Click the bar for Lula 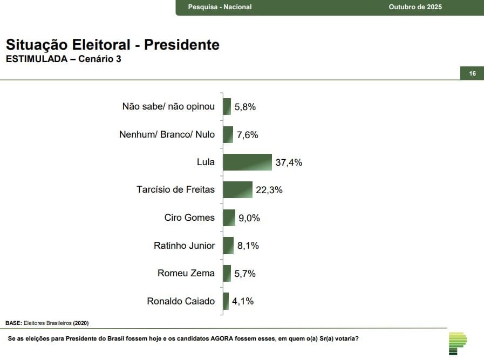(247, 162)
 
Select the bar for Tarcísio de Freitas (237, 189)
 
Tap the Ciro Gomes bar (229, 218)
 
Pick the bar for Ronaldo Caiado (226, 301)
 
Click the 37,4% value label (289, 162)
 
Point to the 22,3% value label (269, 190)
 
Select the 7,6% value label (248, 134)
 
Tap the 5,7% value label (245, 274)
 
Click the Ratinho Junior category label (184, 246)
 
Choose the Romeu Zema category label (186, 273)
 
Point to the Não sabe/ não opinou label (168, 106)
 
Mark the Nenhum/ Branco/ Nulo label (167, 134)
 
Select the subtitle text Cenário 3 (99, 59)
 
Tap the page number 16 (473, 73)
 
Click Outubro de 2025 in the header (415, 7)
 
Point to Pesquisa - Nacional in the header (220, 7)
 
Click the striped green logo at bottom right (458, 343)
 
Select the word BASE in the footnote (13, 323)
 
